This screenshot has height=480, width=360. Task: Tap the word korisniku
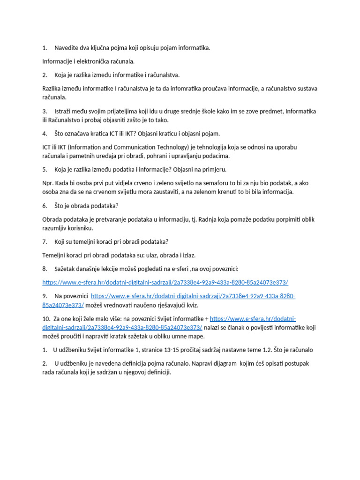click(x=80, y=228)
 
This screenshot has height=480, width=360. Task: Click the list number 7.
click(x=45, y=241)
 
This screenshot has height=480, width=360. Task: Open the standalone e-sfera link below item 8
click(x=165, y=282)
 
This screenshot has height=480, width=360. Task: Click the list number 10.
click(x=46, y=318)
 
